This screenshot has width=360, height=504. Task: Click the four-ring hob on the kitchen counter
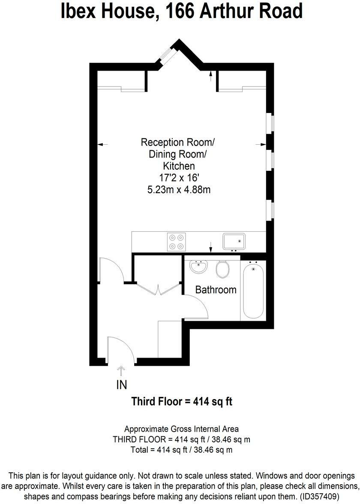(x=177, y=242)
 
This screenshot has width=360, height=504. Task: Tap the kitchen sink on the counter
(x=234, y=241)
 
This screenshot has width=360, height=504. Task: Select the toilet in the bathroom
(x=222, y=269)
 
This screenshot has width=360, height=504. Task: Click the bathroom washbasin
(x=198, y=267)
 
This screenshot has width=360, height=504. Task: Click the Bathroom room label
(x=216, y=290)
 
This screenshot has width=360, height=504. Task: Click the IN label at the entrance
(x=122, y=385)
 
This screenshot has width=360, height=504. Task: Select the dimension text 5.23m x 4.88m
(x=176, y=189)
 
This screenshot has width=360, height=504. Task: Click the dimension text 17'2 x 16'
(x=176, y=177)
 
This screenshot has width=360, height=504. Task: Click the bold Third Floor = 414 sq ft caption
(x=182, y=402)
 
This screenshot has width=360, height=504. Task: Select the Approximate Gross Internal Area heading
(x=182, y=429)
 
